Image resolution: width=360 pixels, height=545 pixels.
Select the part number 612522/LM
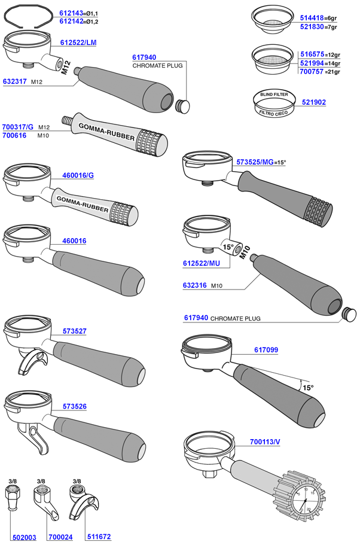78,42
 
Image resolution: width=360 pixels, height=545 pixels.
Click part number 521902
313,102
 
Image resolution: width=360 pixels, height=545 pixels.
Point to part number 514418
311,19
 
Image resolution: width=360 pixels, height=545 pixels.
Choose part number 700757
311,72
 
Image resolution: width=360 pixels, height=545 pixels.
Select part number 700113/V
265,443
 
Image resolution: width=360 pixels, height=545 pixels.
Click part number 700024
60,537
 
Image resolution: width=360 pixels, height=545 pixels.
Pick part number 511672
98,537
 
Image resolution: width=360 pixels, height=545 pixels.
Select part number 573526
74,406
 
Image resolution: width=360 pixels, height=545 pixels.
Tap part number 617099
266,349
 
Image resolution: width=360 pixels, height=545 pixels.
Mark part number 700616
14,136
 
